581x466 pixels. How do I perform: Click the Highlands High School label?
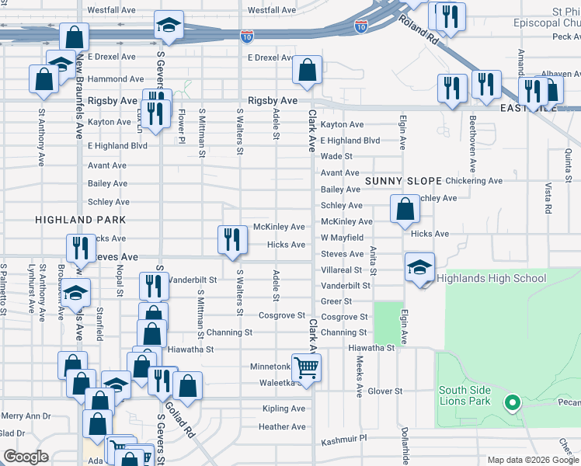(x=491, y=278)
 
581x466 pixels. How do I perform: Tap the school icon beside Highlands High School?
(x=419, y=267)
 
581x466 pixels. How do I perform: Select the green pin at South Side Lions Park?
(x=511, y=402)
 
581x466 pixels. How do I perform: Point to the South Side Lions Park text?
(x=464, y=396)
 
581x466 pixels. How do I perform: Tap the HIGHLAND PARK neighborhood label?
(x=69, y=221)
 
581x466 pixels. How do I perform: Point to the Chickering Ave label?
(x=474, y=181)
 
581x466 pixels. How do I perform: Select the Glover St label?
(x=385, y=391)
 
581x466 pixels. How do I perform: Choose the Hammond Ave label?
(x=115, y=79)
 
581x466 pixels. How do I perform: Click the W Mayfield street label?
(x=343, y=238)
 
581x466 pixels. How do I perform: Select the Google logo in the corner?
(x=26, y=456)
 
